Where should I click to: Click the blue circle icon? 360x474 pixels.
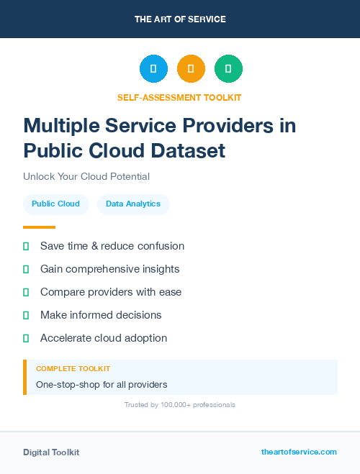tap(153, 68)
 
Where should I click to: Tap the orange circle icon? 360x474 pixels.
tap(191, 68)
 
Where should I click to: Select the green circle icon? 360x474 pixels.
tap(228, 68)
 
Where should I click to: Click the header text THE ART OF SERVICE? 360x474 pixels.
tap(180, 19)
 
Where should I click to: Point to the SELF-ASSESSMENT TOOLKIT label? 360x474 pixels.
tap(179, 97)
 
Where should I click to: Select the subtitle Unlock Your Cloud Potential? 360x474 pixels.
tap(86, 176)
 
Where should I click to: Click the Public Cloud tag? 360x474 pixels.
tap(55, 204)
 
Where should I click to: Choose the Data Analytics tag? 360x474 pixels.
tap(133, 204)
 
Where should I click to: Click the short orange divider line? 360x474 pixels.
tap(39, 227)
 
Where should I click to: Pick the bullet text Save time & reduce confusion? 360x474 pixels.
tap(112, 246)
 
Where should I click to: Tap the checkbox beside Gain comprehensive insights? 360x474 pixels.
tap(26, 269)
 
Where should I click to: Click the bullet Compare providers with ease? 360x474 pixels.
tap(111, 292)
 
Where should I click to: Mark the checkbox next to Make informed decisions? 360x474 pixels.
tap(26, 315)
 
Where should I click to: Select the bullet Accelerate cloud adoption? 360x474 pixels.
tap(104, 338)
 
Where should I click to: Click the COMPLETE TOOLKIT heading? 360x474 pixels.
tap(73, 368)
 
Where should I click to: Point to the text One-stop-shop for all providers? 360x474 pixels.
tap(102, 384)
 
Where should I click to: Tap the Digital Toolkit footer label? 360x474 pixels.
tap(51, 452)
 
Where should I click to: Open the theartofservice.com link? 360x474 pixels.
tap(299, 452)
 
